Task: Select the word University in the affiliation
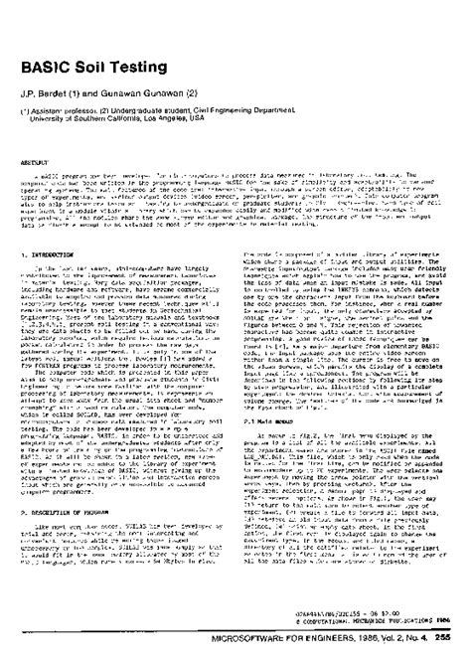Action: coord(61,122)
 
